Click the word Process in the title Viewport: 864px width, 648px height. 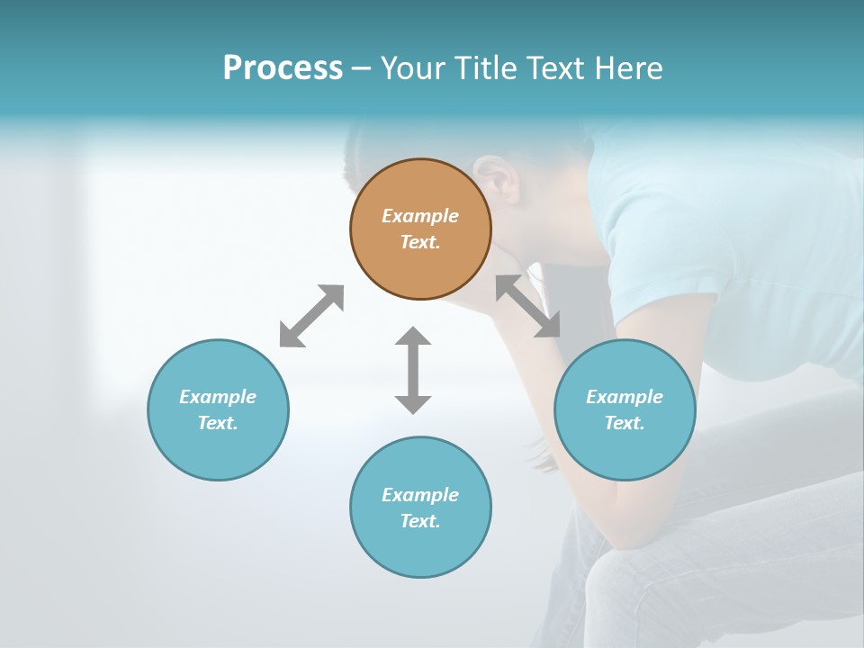(283, 68)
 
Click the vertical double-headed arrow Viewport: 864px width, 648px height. (413, 370)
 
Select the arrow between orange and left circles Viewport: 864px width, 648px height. (311, 316)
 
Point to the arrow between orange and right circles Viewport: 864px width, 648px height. (528, 306)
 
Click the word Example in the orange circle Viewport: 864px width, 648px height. (420, 216)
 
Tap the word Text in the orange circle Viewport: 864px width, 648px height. (420, 242)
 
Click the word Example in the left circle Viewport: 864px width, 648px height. (218, 397)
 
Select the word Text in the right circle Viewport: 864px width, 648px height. (625, 423)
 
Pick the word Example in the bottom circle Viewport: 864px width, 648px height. (420, 495)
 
